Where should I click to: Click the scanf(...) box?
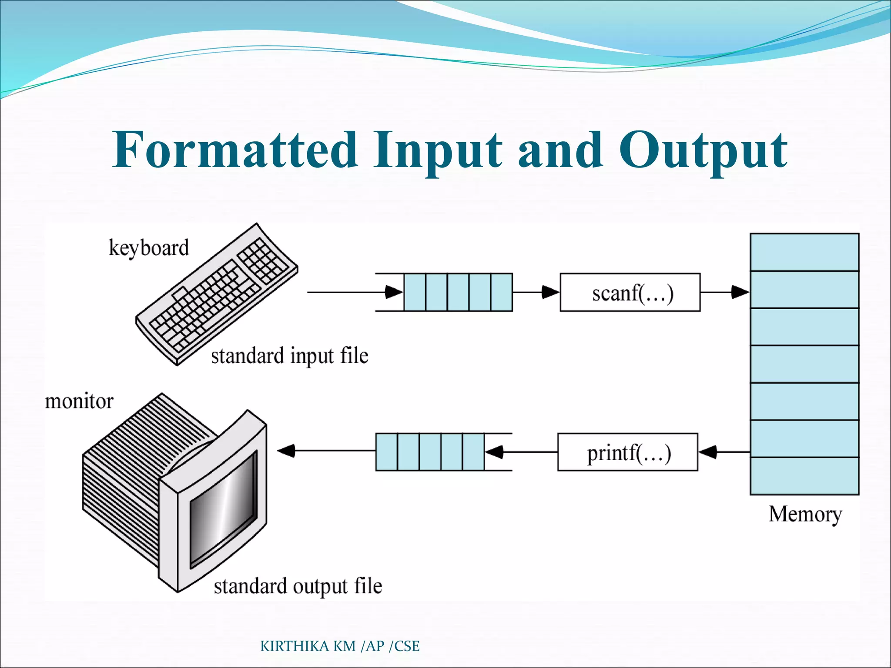(x=630, y=292)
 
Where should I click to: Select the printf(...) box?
(x=627, y=452)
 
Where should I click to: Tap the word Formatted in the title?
(x=235, y=150)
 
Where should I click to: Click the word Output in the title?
(x=703, y=150)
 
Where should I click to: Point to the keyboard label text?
(x=149, y=248)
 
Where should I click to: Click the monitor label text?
(x=79, y=401)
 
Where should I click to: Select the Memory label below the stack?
(x=805, y=514)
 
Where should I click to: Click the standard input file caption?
(x=289, y=356)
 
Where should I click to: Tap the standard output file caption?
(x=298, y=586)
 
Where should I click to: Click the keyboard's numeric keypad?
(x=263, y=260)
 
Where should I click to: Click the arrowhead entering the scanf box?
(x=550, y=292)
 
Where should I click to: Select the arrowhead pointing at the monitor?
(x=286, y=451)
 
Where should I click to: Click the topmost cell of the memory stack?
(x=804, y=252)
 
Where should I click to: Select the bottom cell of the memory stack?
(x=804, y=476)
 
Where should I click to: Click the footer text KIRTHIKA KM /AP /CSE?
(x=339, y=646)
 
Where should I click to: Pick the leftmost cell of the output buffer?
(x=386, y=452)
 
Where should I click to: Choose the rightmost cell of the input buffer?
(x=501, y=292)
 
